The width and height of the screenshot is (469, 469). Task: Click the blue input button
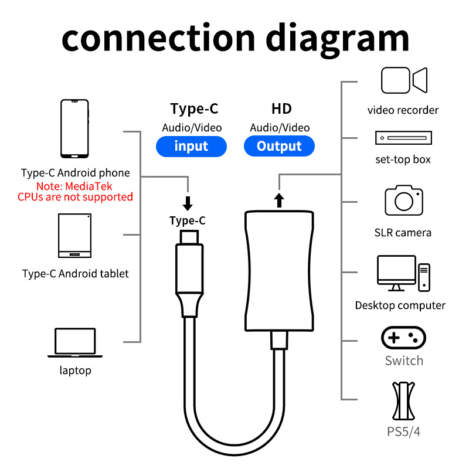(191, 146)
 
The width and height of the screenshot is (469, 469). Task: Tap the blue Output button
(279, 146)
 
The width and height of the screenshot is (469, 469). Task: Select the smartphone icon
(74, 128)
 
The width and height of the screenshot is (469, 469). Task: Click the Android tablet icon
(75, 236)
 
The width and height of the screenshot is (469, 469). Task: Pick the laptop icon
(75, 343)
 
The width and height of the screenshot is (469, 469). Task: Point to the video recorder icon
(404, 80)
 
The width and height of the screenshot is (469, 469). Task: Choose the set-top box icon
(403, 138)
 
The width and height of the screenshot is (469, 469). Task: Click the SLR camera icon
(404, 200)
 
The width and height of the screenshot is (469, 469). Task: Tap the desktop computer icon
(403, 273)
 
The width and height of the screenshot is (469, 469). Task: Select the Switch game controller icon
(403, 338)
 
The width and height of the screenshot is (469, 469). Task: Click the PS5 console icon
(403, 401)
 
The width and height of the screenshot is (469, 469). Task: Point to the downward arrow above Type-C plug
(188, 203)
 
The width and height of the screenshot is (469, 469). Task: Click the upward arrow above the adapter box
(279, 200)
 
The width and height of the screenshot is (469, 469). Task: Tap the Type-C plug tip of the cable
(189, 237)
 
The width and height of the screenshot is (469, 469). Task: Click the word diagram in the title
(337, 39)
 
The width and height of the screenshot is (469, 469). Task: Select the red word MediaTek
(89, 186)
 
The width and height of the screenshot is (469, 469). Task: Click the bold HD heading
(281, 108)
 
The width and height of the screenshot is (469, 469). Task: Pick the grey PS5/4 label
(403, 431)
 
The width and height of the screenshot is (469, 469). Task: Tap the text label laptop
(76, 371)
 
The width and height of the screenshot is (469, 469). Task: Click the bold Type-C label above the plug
(188, 221)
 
